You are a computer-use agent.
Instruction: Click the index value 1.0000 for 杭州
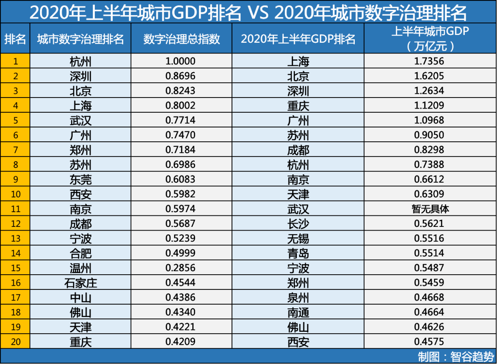tap(180, 61)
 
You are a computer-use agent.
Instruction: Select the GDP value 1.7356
tap(429, 61)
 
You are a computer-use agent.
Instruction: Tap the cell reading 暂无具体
tap(430, 209)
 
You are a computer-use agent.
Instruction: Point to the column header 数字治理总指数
tap(182, 39)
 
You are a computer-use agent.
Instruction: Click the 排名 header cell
tap(15, 39)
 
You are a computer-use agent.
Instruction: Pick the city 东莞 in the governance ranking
tap(81, 179)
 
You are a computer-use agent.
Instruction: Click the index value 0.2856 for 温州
tap(180, 268)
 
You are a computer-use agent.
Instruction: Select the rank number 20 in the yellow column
tap(16, 342)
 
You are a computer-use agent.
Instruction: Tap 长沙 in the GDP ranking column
tap(298, 224)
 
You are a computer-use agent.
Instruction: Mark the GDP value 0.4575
tap(429, 342)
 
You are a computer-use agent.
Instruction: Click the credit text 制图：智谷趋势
tap(456, 357)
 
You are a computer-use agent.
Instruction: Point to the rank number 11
tap(16, 209)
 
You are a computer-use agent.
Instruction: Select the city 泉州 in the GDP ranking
tap(298, 298)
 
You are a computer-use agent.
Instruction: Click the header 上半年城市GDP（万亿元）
tap(430, 39)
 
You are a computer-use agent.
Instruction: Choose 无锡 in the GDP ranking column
tap(298, 238)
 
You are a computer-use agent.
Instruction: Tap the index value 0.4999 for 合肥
tap(180, 253)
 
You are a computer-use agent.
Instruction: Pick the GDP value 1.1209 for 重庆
tap(429, 105)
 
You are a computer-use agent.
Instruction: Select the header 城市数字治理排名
tap(81, 39)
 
